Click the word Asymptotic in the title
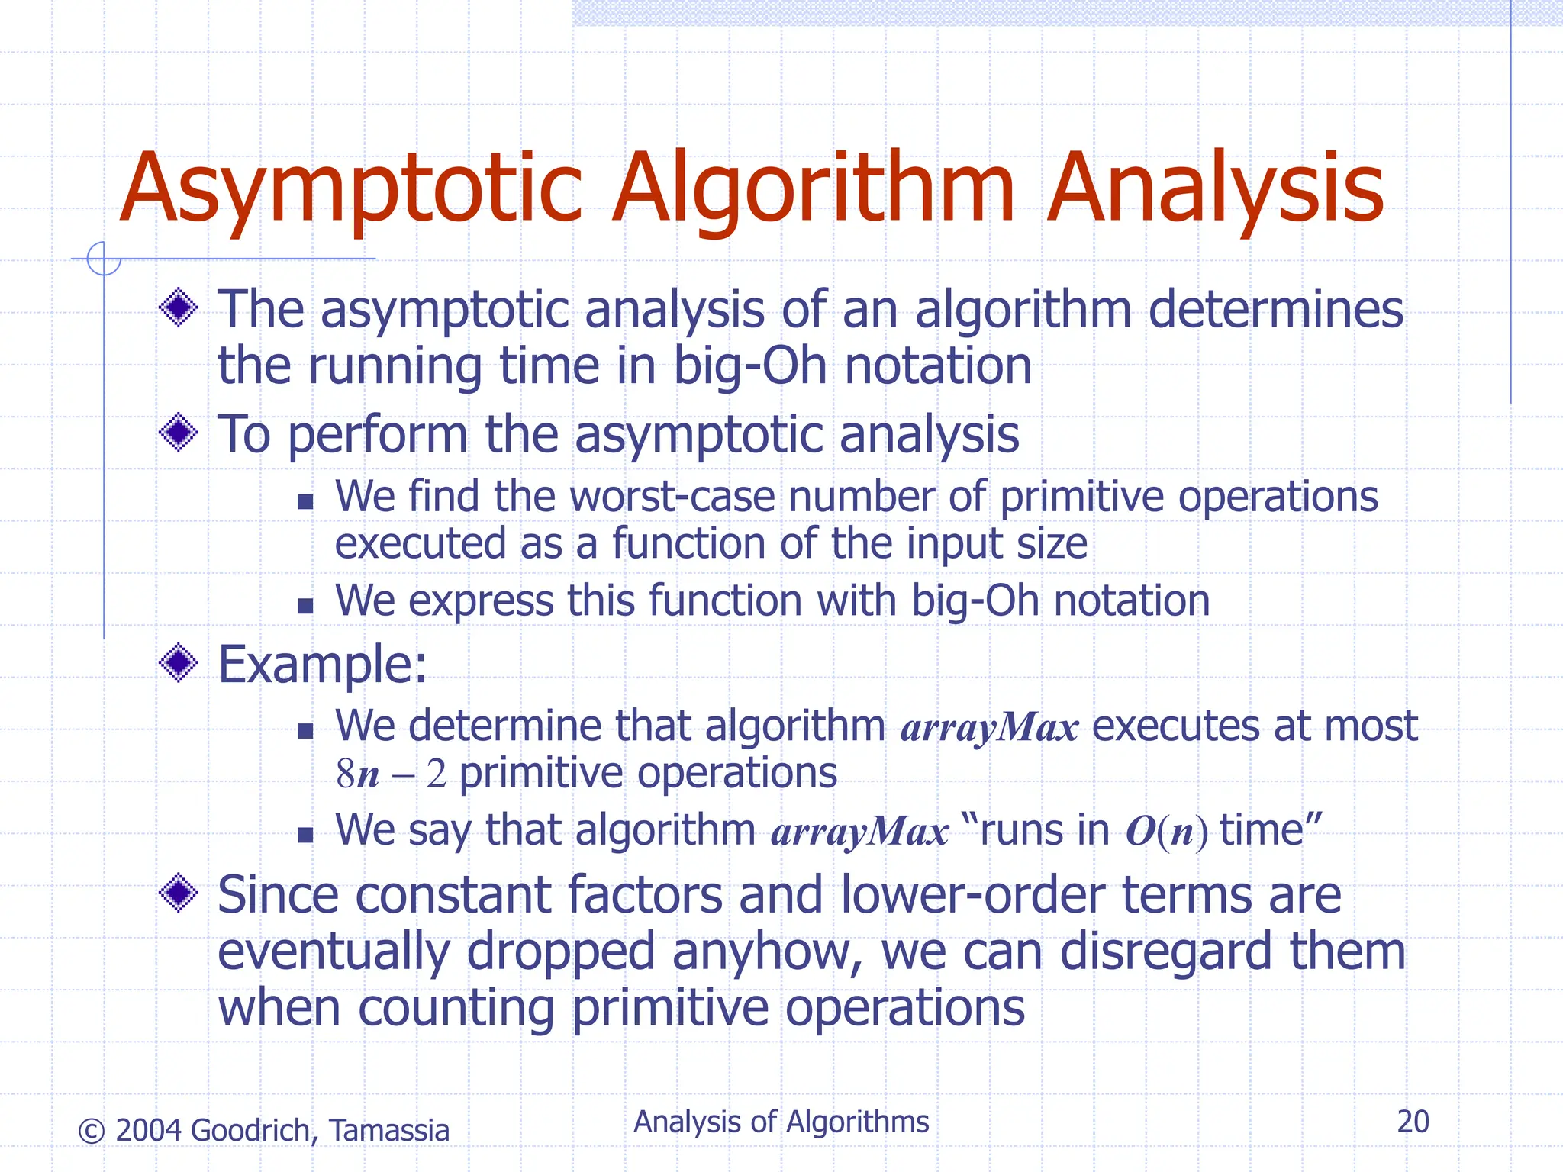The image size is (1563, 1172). (x=351, y=189)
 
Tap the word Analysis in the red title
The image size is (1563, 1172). (x=1214, y=189)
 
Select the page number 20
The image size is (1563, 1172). (x=1413, y=1122)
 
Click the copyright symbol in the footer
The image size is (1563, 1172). (x=92, y=1131)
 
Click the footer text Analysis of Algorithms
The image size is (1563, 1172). (x=781, y=1122)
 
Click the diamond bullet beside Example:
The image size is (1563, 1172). (x=179, y=662)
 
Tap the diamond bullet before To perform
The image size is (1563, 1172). (x=179, y=433)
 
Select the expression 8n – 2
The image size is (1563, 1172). (x=391, y=774)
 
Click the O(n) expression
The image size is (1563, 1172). (x=1166, y=832)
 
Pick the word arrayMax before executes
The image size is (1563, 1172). (x=989, y=726)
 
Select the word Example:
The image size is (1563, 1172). (x=322, y=664)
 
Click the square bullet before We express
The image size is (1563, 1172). (x=305, y=606)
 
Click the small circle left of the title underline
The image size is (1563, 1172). (x=104, y=259)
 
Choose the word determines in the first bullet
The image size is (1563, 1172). (x=1275, y=310)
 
